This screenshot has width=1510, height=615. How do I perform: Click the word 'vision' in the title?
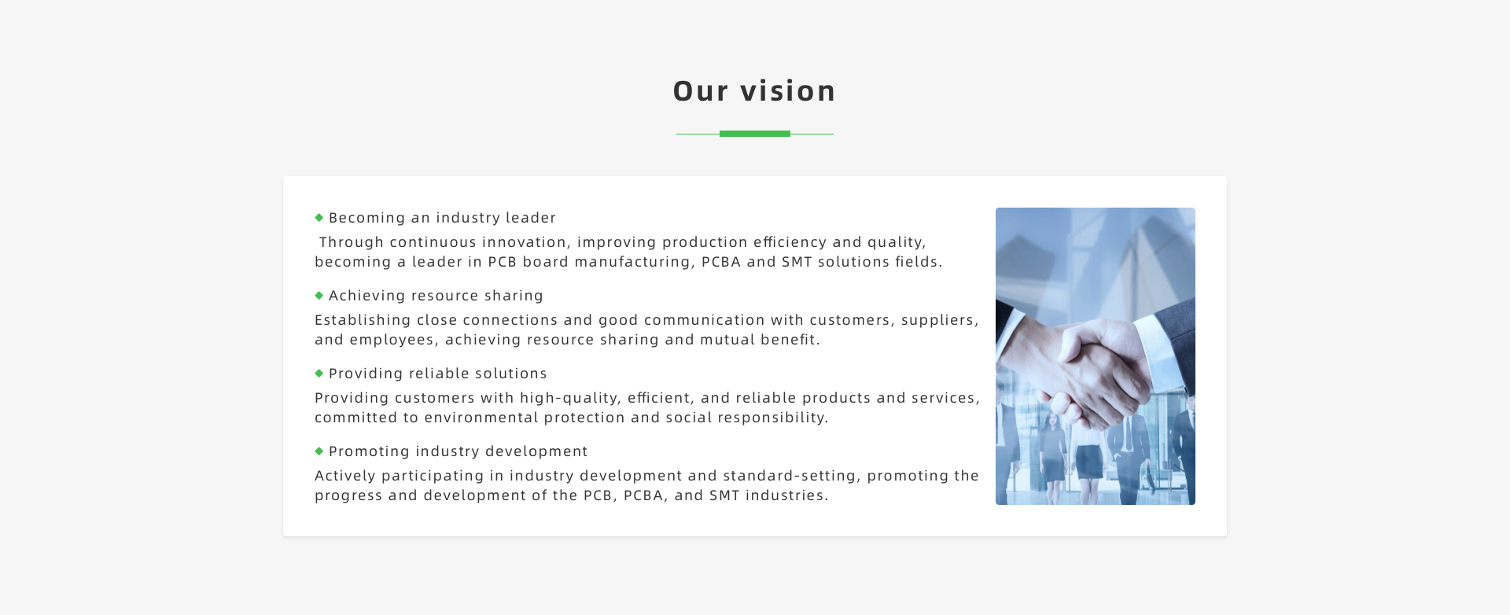click(x=787, y=91)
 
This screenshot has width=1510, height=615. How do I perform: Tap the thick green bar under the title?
click(x=755, y=134)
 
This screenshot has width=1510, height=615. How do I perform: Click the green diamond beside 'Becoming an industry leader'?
click(x=319, y=217)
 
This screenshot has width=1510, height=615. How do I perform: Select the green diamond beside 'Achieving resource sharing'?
click(x=319, y=295)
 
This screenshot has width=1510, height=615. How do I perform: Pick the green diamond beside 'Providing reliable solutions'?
click(x=319, y=373)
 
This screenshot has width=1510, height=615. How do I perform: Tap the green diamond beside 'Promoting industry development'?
click(x=319, y=451)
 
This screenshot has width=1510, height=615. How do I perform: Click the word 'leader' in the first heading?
click(x=531, y=218)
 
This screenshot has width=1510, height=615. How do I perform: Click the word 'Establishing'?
click(x=363, y=320)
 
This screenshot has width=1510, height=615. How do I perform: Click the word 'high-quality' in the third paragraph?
click(x=570, y=398)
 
